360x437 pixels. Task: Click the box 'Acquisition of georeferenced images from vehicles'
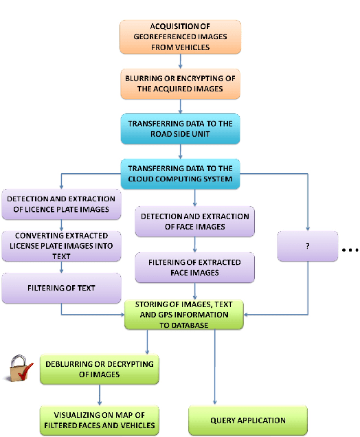(x=180, y=36)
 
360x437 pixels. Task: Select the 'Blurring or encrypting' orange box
(x=180, y=83)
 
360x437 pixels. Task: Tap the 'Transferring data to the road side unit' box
(x=180, y=128)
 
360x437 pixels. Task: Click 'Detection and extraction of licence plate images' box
(x=61, y=205)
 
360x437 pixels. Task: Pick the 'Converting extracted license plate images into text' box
(x=61, y=246)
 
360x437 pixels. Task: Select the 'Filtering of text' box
(x=61, y=288)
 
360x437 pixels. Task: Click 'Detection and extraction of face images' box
(x=194, y=222)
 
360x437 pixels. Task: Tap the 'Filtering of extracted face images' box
(x=194, y=267)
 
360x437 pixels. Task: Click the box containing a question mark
(x=308, y=246)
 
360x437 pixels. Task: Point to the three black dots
(x=350, y=251)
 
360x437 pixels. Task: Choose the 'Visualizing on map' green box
(x=100, y=420)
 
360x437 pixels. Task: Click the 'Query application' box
(x=238, y=420)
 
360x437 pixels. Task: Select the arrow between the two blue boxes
(x=180, y=152)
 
